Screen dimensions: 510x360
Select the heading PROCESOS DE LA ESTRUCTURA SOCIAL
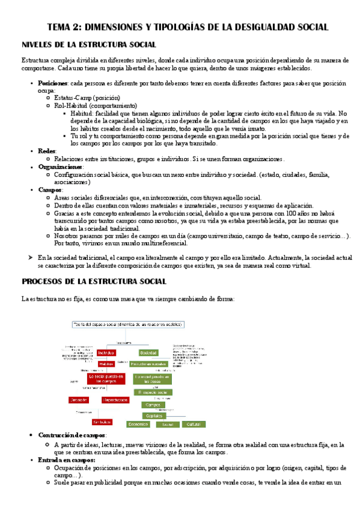(94, 281)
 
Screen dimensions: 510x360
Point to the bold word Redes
(47, 151)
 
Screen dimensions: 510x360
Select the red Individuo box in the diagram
(107, 353)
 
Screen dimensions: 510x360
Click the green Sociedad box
(149, 353)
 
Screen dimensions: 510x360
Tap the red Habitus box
(106, 364)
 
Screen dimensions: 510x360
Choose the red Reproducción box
(115, 399)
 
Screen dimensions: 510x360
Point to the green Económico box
(138, 424)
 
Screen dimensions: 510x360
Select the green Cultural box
(192, 424)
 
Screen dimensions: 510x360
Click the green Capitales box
(151, 415)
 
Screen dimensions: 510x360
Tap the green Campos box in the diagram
(152, 405)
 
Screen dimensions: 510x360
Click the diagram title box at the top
(127, 325)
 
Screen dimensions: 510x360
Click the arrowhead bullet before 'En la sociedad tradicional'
(25, 257)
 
